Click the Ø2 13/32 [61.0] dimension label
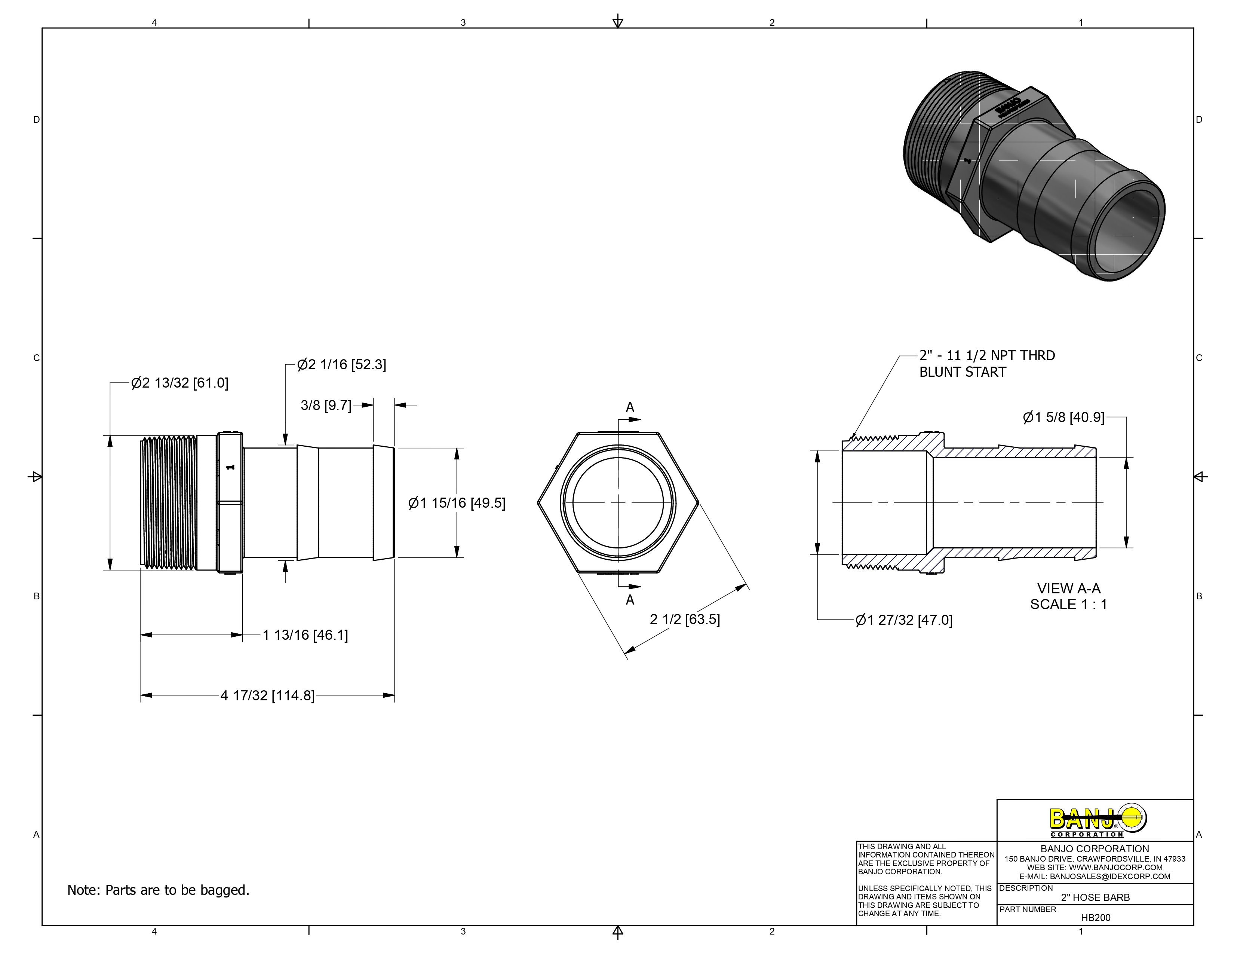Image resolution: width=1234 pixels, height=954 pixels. (179, 383)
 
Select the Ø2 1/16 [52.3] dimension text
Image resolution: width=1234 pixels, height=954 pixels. (342, 364)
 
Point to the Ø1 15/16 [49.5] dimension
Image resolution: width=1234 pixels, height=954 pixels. (457, 503)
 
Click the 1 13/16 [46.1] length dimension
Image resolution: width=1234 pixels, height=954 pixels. (305, 635)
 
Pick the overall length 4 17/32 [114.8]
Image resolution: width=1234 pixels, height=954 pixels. (267, 696)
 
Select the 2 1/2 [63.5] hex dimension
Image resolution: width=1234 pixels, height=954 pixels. (685, 620)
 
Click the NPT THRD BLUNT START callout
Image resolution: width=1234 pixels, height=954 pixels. (986, 364)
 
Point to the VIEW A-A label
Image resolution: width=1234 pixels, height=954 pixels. (1068, 589)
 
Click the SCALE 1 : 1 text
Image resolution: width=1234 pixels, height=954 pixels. (1068, 605)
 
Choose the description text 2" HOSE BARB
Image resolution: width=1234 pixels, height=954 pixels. (1095, 898)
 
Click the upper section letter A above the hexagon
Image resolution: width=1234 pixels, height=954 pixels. (630, 407)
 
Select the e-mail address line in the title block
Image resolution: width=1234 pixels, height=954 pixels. (1095, 877)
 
